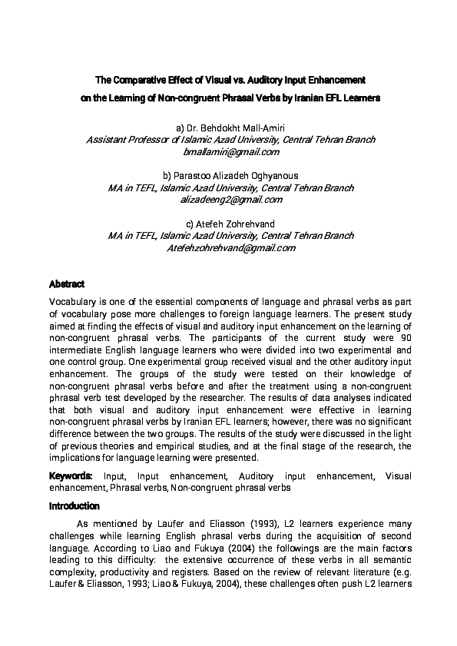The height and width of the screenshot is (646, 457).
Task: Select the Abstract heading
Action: (x=67, y=284)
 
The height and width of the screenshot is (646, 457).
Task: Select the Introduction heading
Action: (x=75, y=506)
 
